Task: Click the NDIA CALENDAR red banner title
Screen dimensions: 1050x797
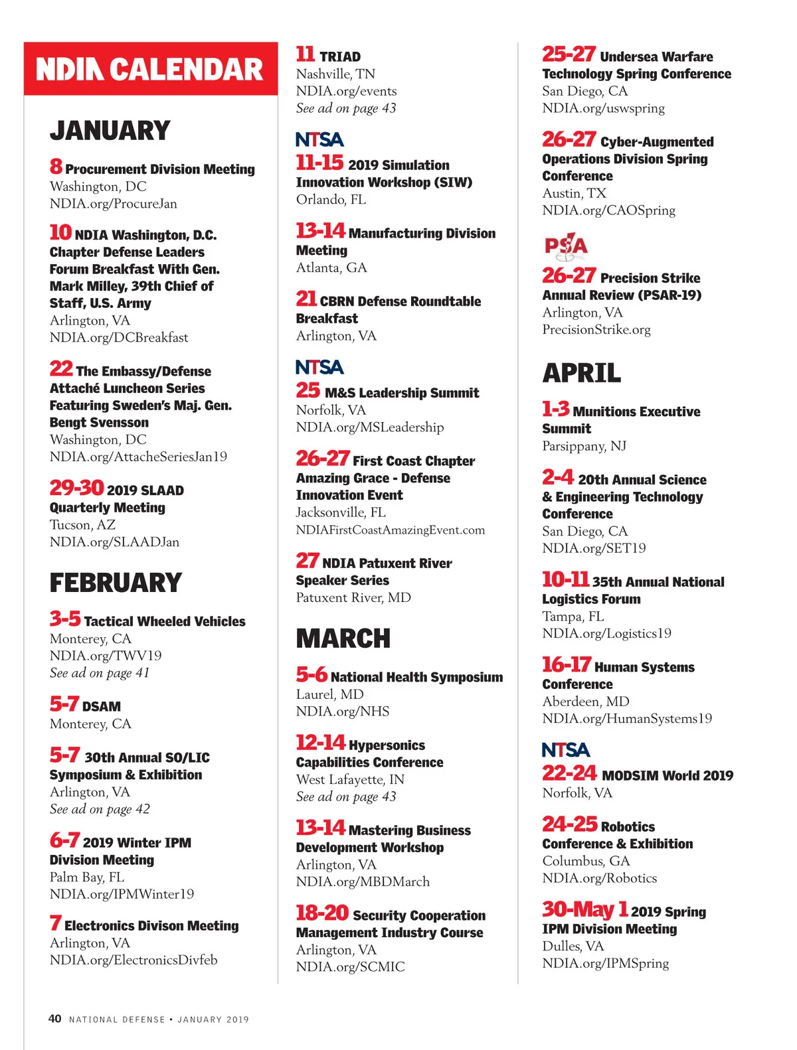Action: (x=150, y=70)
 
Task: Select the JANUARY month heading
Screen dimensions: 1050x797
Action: (x=110, y=131)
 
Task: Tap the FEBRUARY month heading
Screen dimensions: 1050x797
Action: (x=116, y=583)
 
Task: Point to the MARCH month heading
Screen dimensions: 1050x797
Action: (x=343, y=638)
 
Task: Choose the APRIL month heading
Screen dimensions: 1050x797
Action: (x=581, y=373)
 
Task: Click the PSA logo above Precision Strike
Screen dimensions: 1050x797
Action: (x=566, y=246)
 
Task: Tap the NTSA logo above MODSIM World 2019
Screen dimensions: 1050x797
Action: (x=565, y=750)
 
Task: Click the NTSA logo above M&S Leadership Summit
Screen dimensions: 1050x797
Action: (x=319, y=367)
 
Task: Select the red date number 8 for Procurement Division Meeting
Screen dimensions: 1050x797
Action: (x=56, y=167)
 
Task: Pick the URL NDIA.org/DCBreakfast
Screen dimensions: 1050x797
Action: (x=119, y=338)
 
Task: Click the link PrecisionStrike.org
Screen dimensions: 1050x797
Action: (x=596, y=330)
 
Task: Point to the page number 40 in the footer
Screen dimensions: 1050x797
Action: (x=55, y=1019)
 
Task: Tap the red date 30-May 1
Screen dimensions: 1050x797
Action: (x=584, y=909)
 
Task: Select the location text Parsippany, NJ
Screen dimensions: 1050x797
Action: (x=584, y=446)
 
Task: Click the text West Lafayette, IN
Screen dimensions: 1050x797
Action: (x=350, y=780)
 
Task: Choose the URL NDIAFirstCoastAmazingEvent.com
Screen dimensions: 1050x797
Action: (x=391, y=530)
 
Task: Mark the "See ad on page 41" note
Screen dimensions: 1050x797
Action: (x=100, y=673)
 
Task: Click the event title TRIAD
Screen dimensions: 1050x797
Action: (x=340, y=57)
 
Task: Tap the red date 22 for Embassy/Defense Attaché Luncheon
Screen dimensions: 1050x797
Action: (x=61, y=368)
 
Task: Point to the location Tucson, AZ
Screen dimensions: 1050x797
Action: (x=82, y=525)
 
